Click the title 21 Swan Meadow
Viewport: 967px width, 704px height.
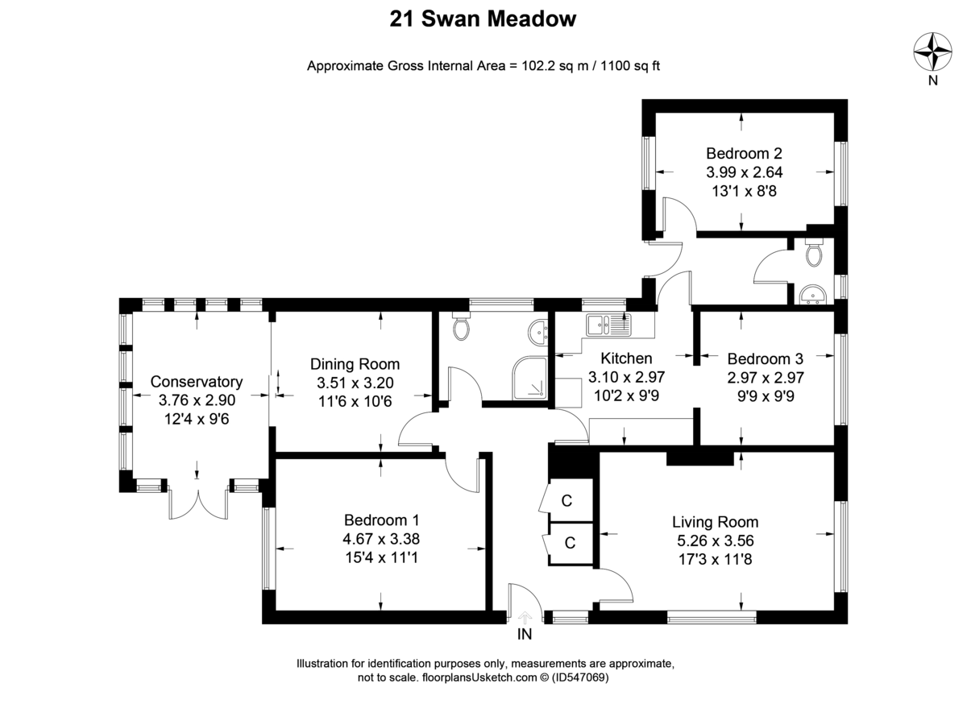point(483,19)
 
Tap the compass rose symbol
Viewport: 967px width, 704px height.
point(932,52)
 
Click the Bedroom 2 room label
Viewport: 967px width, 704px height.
point(745,153)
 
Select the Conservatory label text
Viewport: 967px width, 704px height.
point(197,381)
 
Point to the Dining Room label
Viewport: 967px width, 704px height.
point(355,364)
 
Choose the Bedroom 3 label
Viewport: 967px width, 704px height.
point(765,358)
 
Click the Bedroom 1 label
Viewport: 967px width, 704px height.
point(381,520)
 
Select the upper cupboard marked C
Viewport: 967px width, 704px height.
point(567,501)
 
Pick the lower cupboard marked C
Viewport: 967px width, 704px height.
point(569,543)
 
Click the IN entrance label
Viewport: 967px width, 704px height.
point(525,635)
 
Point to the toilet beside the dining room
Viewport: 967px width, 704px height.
point(463,326)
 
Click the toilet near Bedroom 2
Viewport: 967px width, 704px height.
point(813,253)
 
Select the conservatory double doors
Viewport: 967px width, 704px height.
point(197,503)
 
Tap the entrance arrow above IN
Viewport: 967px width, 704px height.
point(525,617)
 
